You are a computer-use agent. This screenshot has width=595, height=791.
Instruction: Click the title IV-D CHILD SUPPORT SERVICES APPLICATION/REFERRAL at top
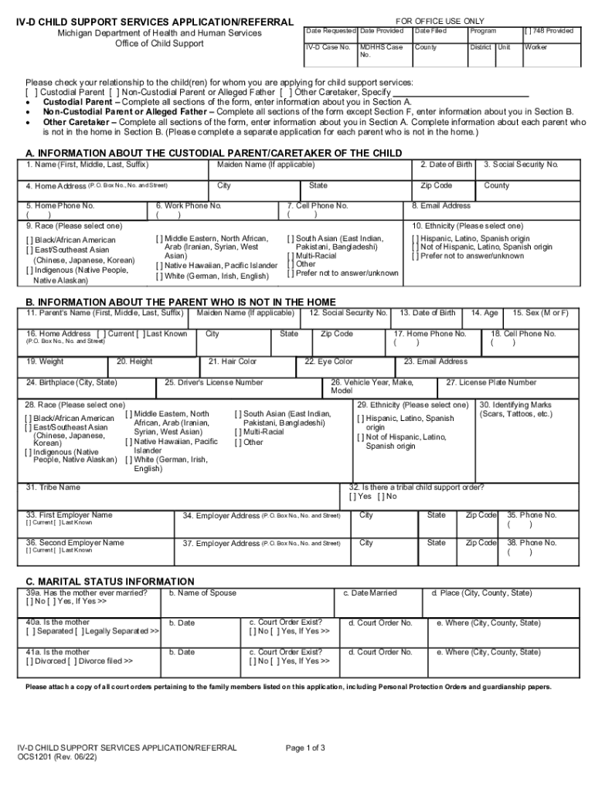pos(155,22)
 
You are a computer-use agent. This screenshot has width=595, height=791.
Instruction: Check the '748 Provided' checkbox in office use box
pos(529,31)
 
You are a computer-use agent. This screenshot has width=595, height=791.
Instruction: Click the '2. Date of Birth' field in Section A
pos(445,171)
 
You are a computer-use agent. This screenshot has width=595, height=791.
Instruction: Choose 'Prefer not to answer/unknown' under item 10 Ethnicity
pos(416,256)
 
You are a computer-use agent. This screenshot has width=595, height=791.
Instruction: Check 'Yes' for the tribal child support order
pos(354,497)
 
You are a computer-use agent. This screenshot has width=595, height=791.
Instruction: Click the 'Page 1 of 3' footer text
pos(306,748)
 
